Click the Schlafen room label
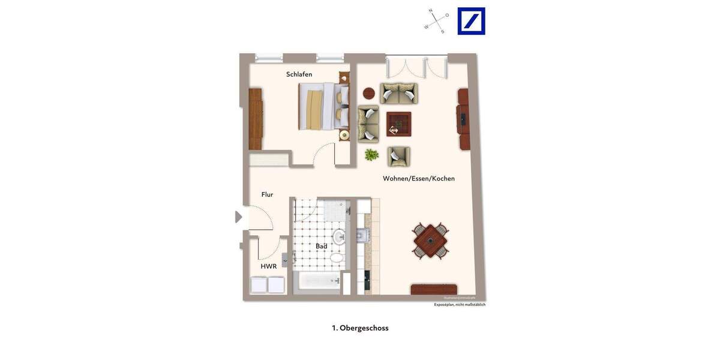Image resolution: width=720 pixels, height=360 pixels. [x=299, y=74]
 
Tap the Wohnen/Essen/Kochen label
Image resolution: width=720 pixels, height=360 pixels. [x=419, y=178]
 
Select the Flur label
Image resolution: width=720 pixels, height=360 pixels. [x=267, y=194]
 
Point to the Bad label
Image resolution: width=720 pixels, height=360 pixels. [x=322, y=246]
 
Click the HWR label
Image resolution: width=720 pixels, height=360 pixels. [x=268, y=266]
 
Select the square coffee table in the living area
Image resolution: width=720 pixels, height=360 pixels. [x=398, y=124]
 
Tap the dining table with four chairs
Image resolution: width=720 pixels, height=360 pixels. [x=430, y=241]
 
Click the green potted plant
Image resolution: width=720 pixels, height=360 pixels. [x=372, y=155]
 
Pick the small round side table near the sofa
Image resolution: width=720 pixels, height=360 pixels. [x=368, y=94]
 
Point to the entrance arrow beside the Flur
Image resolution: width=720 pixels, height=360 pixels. [x=238, y=217]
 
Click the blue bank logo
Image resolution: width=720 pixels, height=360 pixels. [x=471, y=21]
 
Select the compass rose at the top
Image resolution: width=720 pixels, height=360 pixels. [x=437, y=21]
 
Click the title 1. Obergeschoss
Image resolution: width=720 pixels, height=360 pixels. [x=360, y=328]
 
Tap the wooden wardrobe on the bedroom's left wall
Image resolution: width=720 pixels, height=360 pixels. [x=256, y=119]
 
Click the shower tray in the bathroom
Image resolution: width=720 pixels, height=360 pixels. [x=335, y=211]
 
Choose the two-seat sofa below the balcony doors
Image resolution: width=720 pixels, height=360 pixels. [x=398, y=93]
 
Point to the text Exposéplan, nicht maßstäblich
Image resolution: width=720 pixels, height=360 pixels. [x=460, y=305]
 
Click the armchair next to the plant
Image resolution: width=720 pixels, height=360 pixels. [x=398, y=157]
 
